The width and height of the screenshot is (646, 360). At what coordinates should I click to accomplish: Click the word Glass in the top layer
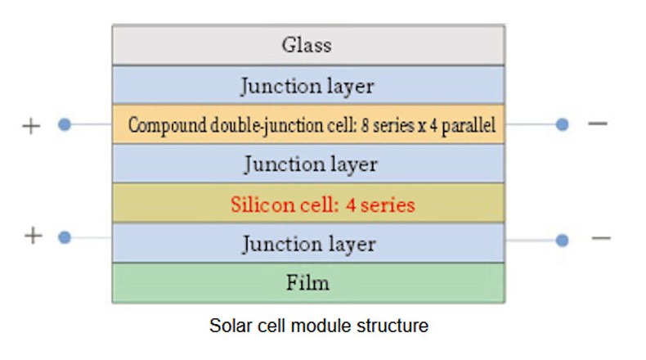point(307,44)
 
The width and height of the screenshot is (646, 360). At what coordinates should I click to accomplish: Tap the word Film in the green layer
point(307,283)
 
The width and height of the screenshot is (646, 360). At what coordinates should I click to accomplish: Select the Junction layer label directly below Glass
point(307,87)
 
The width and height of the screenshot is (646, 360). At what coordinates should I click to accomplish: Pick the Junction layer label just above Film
point(309,244)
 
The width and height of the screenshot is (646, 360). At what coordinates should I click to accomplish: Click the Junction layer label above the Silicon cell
point(311,165)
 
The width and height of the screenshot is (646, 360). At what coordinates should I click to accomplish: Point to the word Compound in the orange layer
point(168,125)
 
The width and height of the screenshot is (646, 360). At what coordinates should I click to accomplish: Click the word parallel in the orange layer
point(469,125)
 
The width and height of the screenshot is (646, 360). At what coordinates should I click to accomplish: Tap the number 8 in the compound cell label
point(365,125)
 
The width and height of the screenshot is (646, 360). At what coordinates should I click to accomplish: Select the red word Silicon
point(259,205)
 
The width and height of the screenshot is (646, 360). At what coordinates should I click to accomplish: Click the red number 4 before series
point(351,205)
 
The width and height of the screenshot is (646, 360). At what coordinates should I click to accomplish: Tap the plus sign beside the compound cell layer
point(31,126)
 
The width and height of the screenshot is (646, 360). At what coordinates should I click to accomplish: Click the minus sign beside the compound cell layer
point(598,124)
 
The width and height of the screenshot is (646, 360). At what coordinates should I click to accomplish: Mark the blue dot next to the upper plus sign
point(65,124)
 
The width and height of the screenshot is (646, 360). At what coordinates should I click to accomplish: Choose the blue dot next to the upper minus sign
point(563,124)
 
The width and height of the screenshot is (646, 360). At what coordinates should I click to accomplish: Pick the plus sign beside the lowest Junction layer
point(34,236)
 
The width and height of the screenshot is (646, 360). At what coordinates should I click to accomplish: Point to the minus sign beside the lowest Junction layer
point(601,238)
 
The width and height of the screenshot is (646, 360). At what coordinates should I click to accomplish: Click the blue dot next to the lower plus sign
point(65,237)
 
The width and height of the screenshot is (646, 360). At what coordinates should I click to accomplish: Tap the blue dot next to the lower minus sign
point(563,240)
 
